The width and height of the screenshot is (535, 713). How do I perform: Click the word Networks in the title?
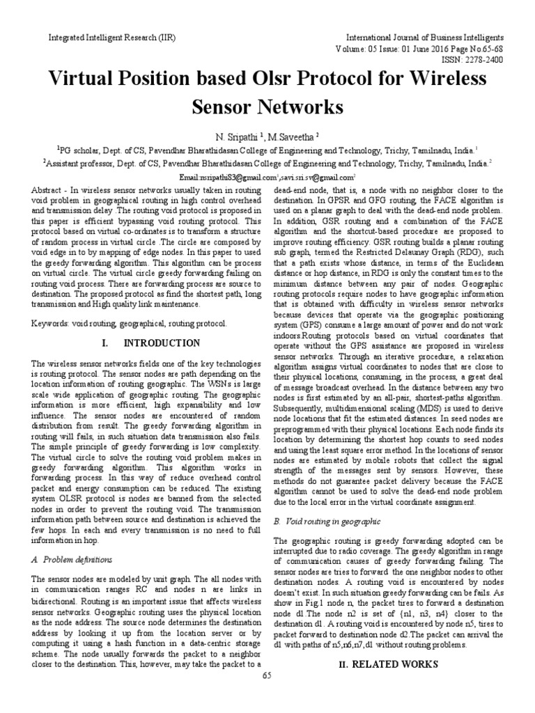(302, 107)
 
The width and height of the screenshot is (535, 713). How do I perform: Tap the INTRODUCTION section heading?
(162, 343)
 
